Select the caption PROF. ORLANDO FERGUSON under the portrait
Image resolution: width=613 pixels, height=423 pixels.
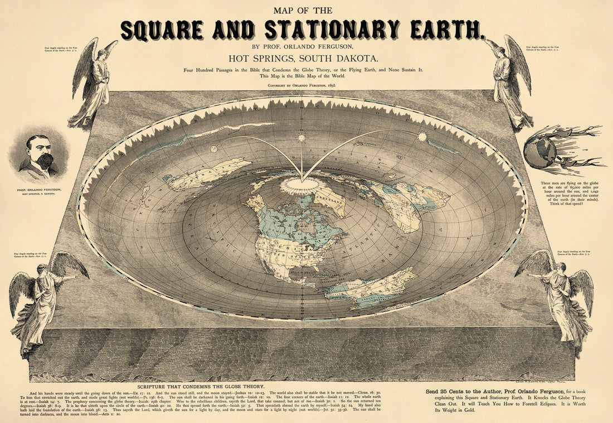coord(39,190)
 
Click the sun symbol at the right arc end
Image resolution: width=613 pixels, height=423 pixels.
coord(422,136)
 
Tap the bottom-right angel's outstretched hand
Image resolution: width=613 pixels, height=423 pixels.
coord(529,275)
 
